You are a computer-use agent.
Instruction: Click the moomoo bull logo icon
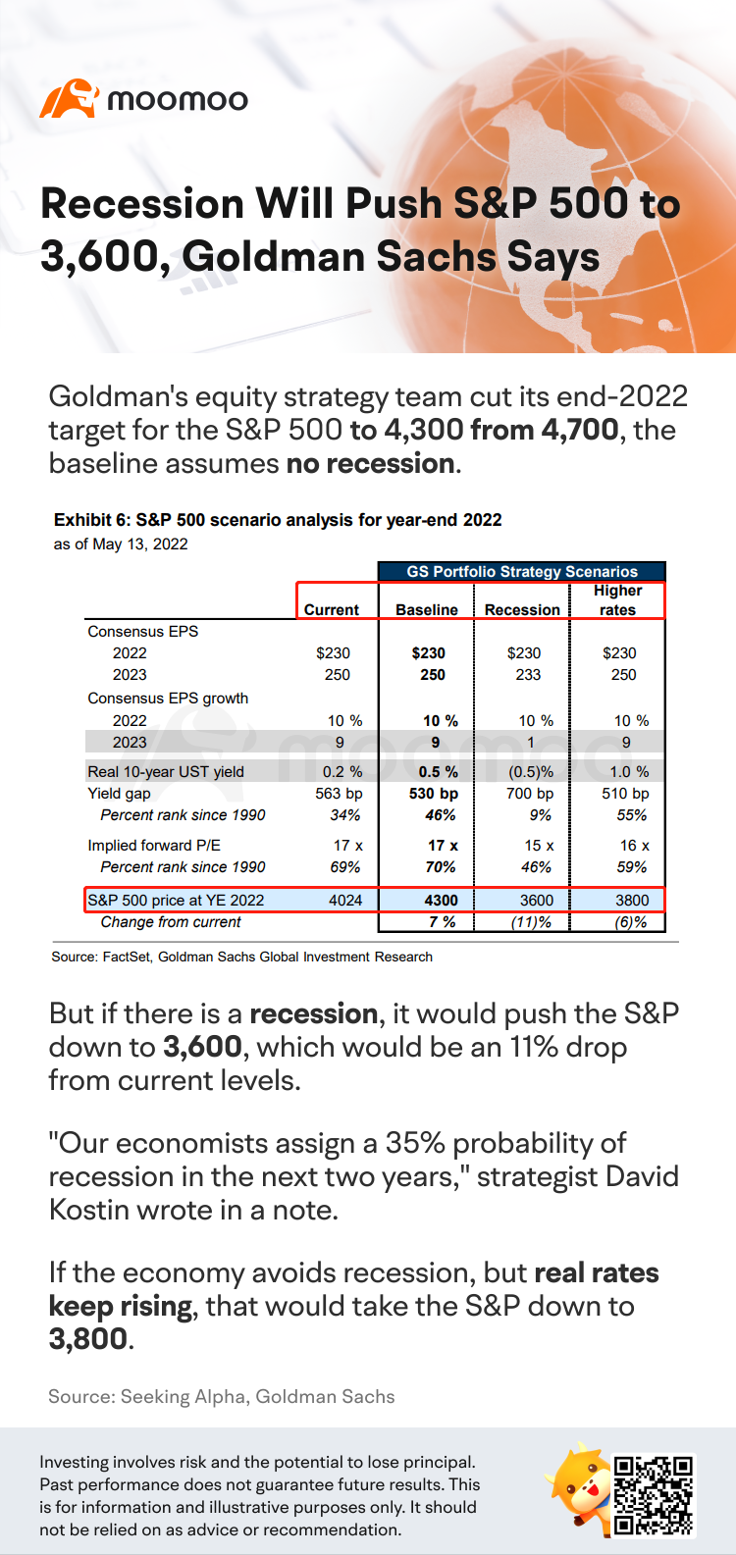point(69,98)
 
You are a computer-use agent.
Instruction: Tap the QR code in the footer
point(654,1495)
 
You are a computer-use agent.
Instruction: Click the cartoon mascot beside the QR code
point(579,1491)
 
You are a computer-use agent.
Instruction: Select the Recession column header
point(522,609)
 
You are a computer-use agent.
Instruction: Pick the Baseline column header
point(427,609)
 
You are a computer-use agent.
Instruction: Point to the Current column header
point(332,609)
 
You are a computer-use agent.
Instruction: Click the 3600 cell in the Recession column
point(537,900)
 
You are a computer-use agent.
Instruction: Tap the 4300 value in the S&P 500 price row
point(441,900)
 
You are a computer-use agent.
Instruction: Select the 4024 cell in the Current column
point(345,900)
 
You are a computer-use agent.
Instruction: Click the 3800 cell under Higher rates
point(632,900)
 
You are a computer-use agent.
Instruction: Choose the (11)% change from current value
point(532,922)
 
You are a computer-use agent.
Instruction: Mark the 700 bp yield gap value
point(530,793)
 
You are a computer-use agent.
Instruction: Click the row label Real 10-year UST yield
point(166,771)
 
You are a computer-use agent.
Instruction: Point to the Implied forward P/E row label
point(154,845)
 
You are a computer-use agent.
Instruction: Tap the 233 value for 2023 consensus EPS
point(528,674)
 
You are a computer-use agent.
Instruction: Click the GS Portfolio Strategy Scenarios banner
point(522,571)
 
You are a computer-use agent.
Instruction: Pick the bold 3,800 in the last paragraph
point(88,1339)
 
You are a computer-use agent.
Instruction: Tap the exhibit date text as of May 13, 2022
point(121,544)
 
